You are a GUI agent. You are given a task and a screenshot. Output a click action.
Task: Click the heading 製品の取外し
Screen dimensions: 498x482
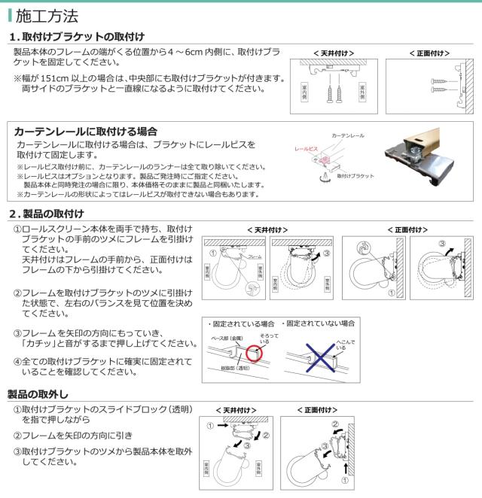38,394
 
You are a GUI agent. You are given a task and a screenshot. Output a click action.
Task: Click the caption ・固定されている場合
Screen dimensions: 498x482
240,323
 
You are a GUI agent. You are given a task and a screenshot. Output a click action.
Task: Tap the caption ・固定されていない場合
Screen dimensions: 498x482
321,323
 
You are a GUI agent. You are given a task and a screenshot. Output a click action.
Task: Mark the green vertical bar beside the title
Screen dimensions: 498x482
10,15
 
